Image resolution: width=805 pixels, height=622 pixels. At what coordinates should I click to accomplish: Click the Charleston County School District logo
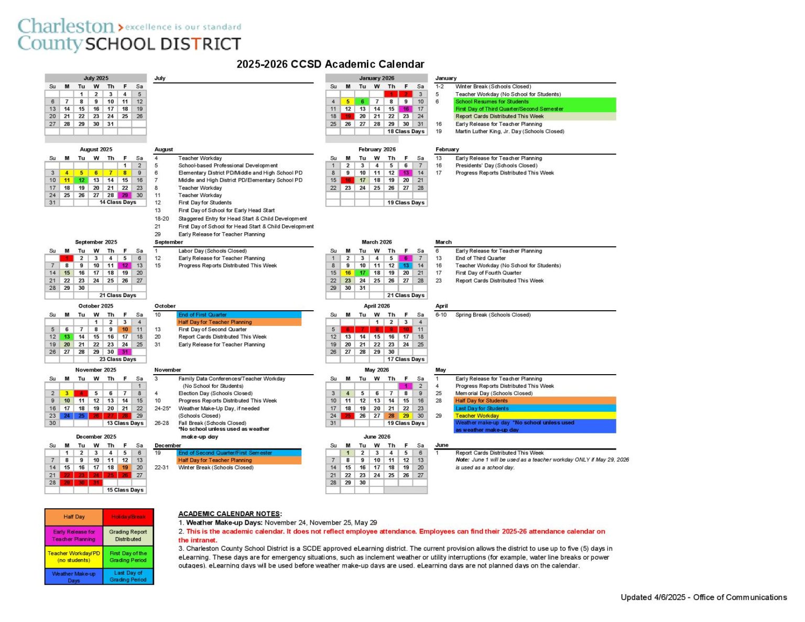[129, 35]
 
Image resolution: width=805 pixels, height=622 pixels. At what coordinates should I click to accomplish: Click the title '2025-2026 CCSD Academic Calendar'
[330, 64]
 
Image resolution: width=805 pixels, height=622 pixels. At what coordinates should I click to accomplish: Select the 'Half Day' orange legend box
[74, 517]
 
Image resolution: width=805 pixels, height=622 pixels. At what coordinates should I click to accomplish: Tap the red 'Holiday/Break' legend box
[128, 517]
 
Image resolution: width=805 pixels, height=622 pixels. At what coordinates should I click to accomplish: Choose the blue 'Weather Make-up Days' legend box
[74, 576]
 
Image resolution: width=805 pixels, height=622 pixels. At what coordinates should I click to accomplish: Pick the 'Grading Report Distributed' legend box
[128, 535]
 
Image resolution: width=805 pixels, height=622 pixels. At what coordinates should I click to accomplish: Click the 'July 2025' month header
[96, 78]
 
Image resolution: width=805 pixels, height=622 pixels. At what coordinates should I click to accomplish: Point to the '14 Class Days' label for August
[118, 202]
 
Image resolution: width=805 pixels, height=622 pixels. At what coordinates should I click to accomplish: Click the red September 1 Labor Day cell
[67, 258]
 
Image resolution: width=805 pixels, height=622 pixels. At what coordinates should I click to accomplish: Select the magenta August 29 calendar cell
[125, 195]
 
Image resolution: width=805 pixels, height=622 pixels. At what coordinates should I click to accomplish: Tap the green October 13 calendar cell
[67, 337]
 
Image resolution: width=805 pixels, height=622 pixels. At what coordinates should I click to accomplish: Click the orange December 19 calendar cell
[125, 467]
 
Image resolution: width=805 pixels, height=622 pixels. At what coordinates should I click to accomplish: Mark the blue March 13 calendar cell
[406, 266]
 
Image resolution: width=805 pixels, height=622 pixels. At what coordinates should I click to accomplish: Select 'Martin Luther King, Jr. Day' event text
[509, 132]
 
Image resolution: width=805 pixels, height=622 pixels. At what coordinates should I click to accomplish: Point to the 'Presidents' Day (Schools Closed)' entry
[496, 166]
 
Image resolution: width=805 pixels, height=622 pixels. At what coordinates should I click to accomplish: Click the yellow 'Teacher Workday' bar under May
[535, 416]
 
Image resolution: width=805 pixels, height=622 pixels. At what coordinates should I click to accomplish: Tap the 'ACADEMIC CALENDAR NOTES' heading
[230, 514]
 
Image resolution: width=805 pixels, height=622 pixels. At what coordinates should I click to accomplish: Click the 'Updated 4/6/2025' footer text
[703, 597]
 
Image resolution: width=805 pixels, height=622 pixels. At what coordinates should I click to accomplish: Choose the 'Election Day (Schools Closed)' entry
[215, 393]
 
